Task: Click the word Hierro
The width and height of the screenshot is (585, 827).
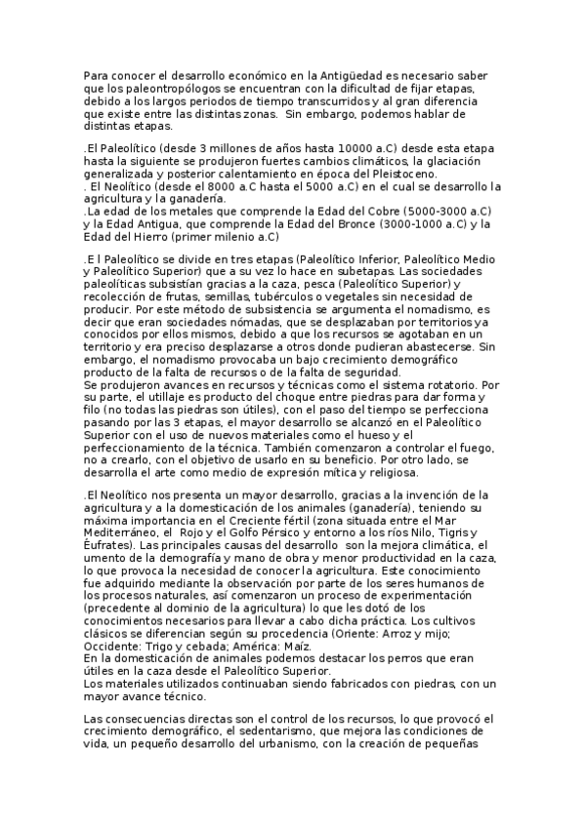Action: [144, 236]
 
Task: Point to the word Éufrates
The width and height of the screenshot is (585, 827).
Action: [108, 546]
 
